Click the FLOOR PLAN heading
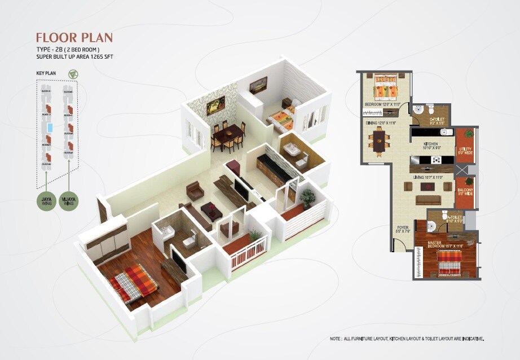click(74, 38)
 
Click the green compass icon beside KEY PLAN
click(72, 74)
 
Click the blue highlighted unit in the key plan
click(50, 128)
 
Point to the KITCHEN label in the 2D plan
click(431, 145)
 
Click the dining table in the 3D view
click(228, 135)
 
